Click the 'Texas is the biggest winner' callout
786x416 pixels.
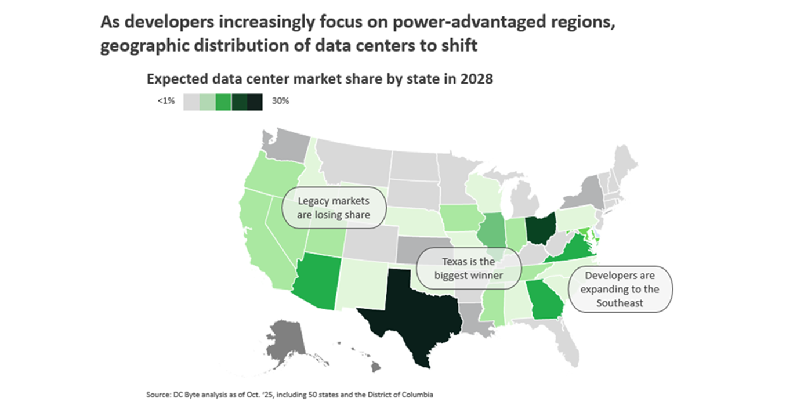pos(469,269)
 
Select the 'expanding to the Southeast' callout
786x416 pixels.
pos(620,290)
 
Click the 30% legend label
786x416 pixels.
pos(281,102)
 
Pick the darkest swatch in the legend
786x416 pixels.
pos(255,102)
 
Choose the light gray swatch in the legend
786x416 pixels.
pos(192,102)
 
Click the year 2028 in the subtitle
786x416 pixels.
pos(476,79)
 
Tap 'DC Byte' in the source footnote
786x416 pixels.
pos(182,395)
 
